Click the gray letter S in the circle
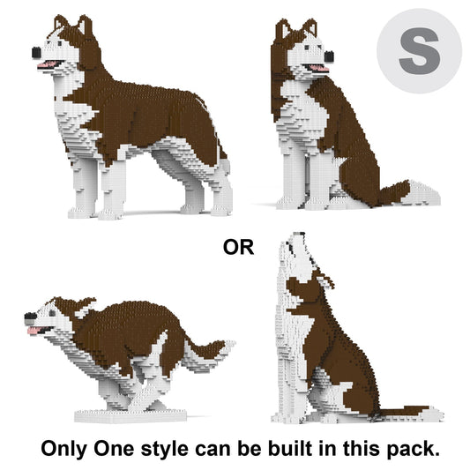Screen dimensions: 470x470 (x=419, y=51)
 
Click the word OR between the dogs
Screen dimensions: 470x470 (x=238, y=247)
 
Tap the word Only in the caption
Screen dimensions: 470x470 (x=63, y=449)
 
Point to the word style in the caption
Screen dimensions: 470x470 (x=164, y=449)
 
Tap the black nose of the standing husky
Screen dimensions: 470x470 (x=36, y=53)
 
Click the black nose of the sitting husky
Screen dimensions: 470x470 (x=329, y=56)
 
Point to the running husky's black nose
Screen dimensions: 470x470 (x=30, y=316)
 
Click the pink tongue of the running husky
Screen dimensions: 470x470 (x=34, y=330)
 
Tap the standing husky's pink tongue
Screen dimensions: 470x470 (x=48, y=63)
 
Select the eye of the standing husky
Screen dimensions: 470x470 (x=59, y=44)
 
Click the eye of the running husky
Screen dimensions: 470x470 (x=52, y=313)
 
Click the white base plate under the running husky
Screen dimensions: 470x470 (x=131, y=416)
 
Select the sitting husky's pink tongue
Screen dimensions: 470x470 (x=318, y=69)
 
